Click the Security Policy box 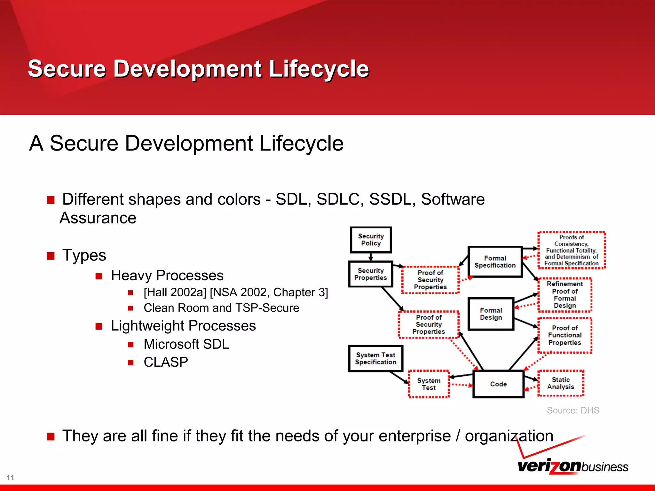pos(371,240)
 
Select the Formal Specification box pos(495,261)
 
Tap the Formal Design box pos(491,314)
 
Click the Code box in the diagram pos(498,384)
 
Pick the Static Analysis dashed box pos(561,383)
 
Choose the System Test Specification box pos(375,358)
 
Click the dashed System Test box pos(429,384)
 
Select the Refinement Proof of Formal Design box pos(564,295)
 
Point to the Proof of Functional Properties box pos(564,335)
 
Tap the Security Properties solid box pos(370,274)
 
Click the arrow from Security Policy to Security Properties pos(371,257)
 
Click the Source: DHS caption pos(573,410)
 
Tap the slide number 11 pos(10,477)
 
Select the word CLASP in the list pos(166,362)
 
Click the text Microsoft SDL pos(186,344)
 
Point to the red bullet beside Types pos(51,256)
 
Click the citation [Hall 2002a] pos(175,292)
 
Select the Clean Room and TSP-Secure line pos(221,308)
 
